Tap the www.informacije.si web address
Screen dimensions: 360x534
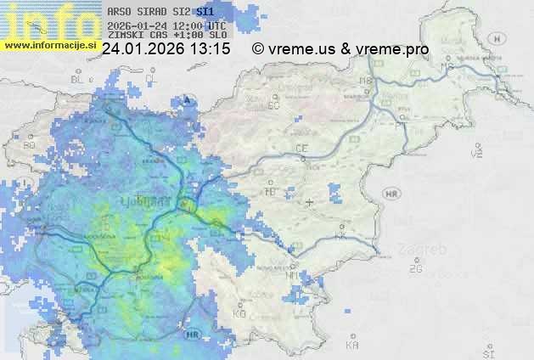50,44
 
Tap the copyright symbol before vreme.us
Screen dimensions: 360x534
258,49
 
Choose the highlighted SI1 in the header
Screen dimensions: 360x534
205,13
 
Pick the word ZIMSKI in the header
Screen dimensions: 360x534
125,36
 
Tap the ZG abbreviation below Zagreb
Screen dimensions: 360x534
415,269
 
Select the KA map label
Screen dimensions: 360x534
352,345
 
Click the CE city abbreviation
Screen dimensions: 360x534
301,149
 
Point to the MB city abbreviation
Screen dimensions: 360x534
366,81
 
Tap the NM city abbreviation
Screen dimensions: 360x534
291,275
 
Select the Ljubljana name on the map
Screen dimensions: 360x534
154,201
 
